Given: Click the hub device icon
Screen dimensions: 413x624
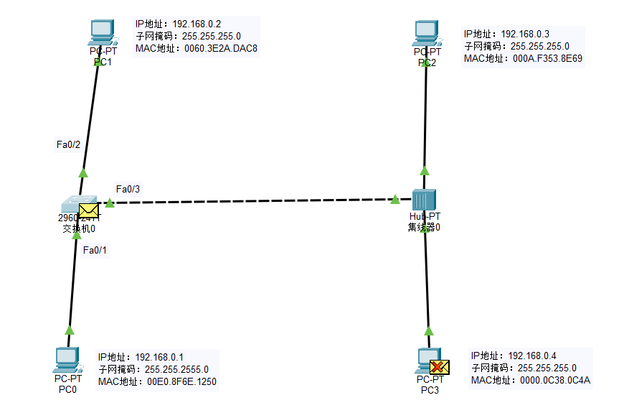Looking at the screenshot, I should [424, 200].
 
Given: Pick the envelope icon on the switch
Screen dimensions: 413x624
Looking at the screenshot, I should [89, 210].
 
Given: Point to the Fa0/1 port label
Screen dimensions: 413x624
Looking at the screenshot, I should [95, 250].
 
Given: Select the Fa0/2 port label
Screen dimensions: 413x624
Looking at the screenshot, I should [68, 144].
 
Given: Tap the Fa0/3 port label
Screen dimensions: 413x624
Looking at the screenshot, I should [128, 189].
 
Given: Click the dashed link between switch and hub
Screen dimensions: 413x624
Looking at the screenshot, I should [251, 201].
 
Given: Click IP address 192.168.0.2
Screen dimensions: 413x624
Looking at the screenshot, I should [197, 24].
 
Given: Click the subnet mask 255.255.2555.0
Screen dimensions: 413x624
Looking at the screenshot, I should [176, 369].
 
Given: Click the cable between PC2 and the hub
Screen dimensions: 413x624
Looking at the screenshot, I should [425, 115].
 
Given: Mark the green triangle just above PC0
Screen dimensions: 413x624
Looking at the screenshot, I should [70, 330].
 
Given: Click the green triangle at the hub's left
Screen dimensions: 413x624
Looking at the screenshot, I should [395, 199].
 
